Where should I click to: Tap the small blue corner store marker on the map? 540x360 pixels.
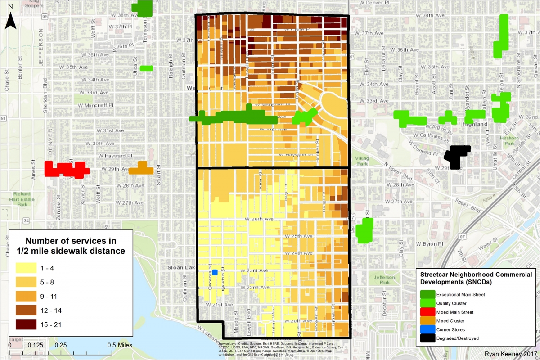[x=215, y=272]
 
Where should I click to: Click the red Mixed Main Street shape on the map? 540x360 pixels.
[x=67, y=169]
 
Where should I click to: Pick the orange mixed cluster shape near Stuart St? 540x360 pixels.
[x=141, y=168]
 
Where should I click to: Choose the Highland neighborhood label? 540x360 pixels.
[x=475, y=124]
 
